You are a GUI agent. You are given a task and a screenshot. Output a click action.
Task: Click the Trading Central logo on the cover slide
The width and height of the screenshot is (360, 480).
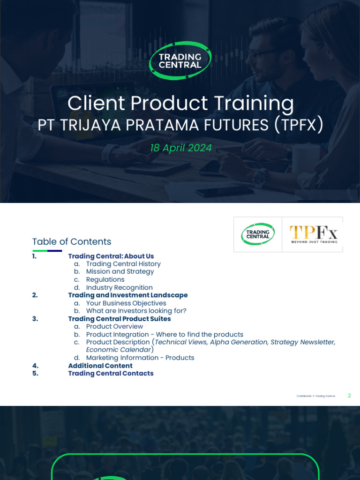(x=180, y=60)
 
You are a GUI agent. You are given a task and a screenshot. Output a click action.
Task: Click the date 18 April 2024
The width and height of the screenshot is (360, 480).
(x=180, y=148)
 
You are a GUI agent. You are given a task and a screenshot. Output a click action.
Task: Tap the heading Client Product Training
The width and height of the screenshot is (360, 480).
(x=180, y=103)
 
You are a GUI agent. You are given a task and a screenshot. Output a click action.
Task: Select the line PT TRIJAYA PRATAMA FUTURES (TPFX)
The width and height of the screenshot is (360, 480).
(x=180, y=125)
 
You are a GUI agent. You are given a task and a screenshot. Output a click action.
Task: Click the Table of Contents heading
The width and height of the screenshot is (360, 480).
(x=72, y=242)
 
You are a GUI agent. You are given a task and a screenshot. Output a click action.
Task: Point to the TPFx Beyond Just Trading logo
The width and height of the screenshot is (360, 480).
(x=313, y=234)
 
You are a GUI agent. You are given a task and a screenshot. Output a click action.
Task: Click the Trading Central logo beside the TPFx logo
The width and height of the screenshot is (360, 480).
(x=258, y=234)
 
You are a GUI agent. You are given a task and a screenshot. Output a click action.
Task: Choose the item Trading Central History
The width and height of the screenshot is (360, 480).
(x=123, y=264)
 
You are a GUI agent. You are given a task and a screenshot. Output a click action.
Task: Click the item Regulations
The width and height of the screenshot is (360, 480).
(x=105, y=280)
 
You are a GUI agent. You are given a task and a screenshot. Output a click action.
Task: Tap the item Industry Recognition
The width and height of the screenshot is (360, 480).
(x=119, y=288)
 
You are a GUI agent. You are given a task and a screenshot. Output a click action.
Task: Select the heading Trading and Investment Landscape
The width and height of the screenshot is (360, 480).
(x=127, y=295)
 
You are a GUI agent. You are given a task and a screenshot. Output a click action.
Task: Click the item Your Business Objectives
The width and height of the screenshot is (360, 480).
(x=126, y=303)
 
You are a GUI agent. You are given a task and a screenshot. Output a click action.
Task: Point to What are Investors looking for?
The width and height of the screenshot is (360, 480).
(x=136, y=311)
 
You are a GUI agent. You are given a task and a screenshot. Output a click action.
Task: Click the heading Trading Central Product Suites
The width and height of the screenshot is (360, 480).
(x=119, y=319)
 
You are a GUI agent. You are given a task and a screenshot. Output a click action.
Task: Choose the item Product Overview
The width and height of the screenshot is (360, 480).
(x=114, y=327)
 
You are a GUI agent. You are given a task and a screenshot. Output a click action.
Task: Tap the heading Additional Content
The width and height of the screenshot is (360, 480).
(x=100, y=366)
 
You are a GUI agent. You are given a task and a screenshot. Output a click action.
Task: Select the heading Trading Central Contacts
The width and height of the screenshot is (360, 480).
(x=111, y=374)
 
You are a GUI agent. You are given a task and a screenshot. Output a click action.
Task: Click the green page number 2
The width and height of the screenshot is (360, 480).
(x=349, y=396)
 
